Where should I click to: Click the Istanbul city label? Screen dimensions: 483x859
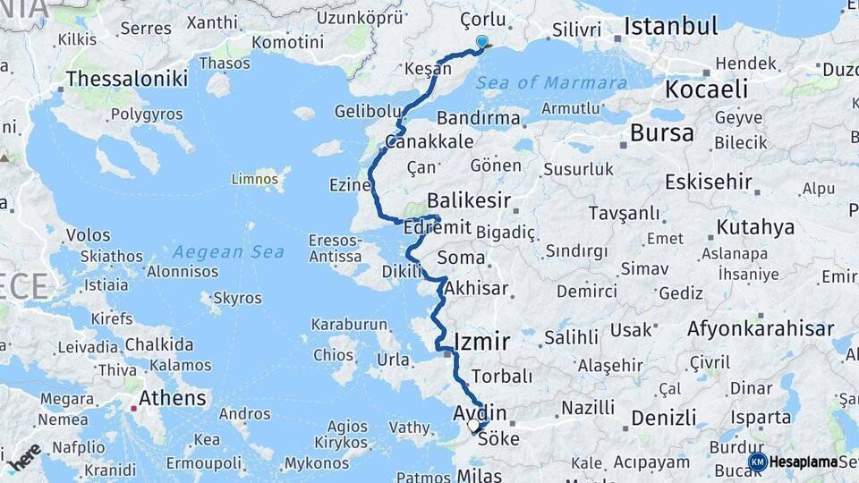(x=671, y=25)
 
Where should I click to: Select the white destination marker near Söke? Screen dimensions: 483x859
(x=474, y=427)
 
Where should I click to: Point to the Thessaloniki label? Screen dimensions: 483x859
(x=126, y=79)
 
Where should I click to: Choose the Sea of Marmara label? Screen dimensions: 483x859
(x=551, y=83)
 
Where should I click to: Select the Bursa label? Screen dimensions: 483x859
(x=661, y=134)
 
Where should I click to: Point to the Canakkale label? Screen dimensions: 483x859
(x=417, y=142)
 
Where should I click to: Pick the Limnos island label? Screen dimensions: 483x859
(x=255, y=179)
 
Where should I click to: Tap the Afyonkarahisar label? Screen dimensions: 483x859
(x=761, y=328)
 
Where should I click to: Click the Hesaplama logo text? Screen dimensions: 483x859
(x=804, y=462)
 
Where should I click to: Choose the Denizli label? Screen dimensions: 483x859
(x=663, y=418)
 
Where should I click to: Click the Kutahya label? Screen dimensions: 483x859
(x=755, y=227)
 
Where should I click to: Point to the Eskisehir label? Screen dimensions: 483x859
(x=708, y=182)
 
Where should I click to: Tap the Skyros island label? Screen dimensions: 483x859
(x=238, y=298)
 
